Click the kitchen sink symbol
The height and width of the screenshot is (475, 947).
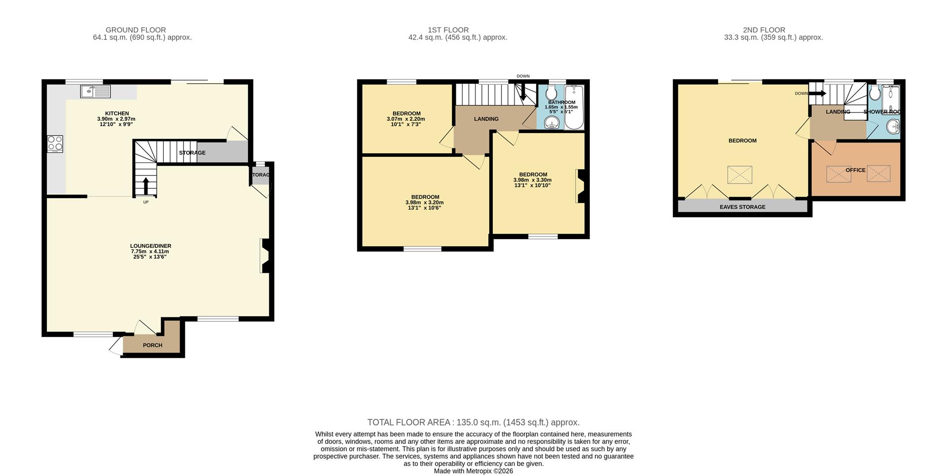coord(96,91)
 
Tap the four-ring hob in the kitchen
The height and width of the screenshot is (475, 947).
coord(55,143)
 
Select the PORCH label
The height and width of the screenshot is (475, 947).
coord(152,345)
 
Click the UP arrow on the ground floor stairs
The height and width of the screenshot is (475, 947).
coord(146,186)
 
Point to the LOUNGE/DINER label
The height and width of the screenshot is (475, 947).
coord(150,246)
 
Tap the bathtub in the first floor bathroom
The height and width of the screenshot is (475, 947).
coord(574,107)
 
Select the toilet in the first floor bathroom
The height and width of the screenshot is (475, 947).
coord(551,92)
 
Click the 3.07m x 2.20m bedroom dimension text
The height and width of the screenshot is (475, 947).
coord(406,119)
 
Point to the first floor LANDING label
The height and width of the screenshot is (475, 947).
coord(486,119)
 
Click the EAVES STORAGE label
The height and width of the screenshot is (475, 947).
coord(742,207)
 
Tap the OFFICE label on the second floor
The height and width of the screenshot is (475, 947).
coord(855,170)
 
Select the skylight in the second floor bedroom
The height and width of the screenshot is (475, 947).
coord(739,175)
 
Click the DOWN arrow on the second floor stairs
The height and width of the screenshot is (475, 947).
coord(817,94)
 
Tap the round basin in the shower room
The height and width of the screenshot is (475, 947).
coord(893,127)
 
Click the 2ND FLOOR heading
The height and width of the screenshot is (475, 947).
coord(764,30)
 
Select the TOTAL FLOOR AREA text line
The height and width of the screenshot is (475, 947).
coord(473,422)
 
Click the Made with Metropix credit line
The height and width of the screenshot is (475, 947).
coord(473,471)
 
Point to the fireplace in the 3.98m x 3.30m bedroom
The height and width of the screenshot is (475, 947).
coord(581,186)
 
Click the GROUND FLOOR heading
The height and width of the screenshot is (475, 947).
coord(136,30)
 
